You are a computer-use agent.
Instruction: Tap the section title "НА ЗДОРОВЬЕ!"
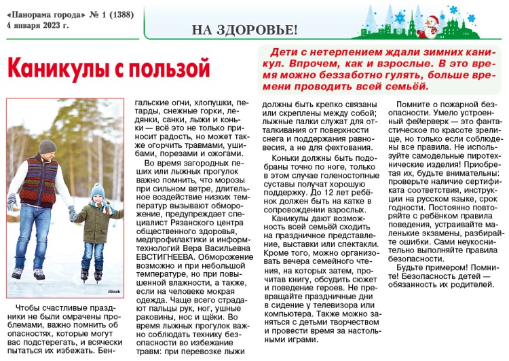244,29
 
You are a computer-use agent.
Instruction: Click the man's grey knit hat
47,146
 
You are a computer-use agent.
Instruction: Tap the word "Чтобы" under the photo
29,309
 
